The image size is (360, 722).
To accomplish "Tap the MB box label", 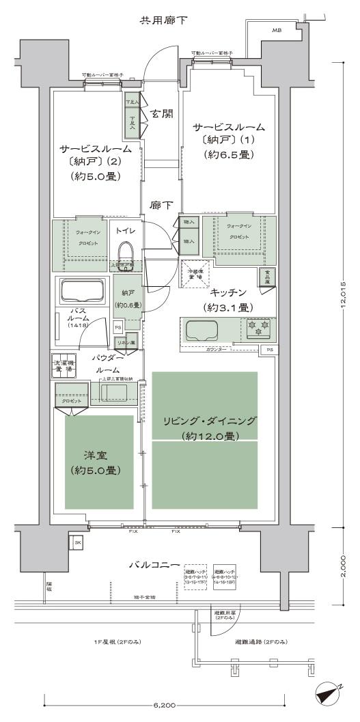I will point(277,31).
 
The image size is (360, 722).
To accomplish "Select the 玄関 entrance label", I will point(161,114).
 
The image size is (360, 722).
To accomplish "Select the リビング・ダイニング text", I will point(204,421).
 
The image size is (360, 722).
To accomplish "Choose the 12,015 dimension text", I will point(344,294).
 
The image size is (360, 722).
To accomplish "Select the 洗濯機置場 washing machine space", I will point(66,365).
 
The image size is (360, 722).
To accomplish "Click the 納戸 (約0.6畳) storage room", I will point(127,295).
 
